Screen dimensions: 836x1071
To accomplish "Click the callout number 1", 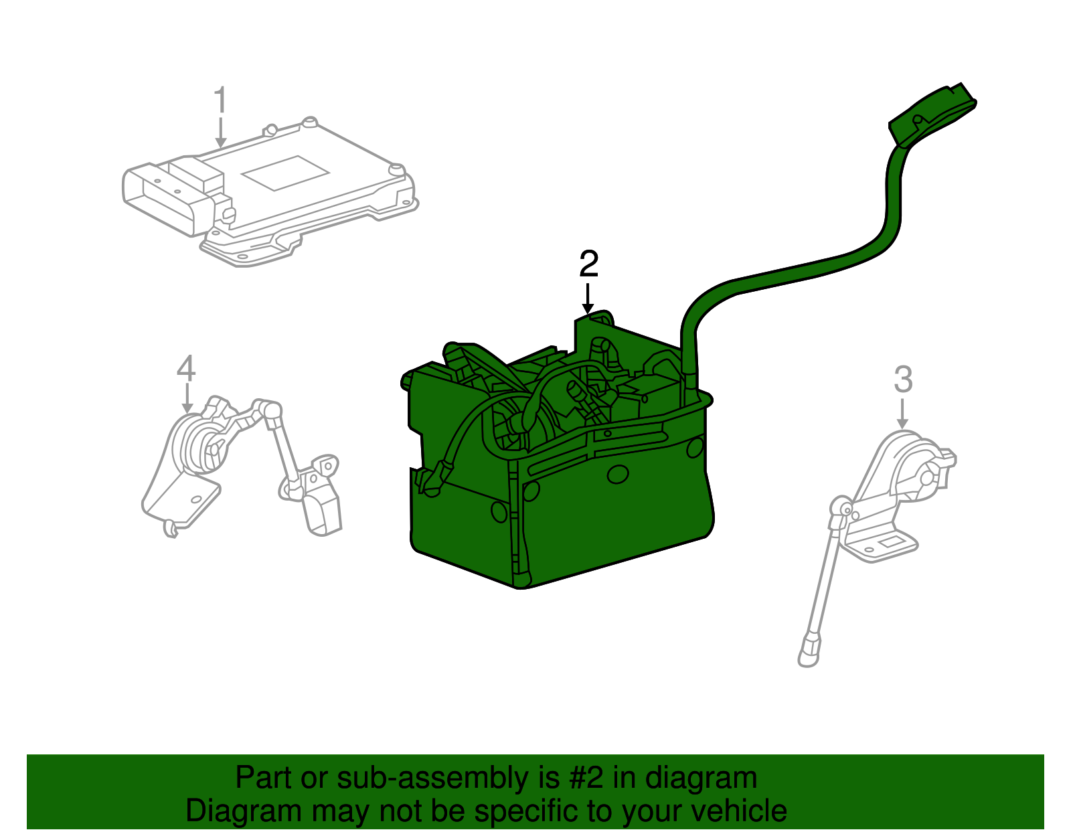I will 220,101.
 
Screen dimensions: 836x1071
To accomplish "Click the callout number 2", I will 588,264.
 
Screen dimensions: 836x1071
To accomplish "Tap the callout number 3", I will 903,380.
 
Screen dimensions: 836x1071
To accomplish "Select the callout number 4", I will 186,368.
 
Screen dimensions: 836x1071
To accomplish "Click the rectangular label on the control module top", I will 285,173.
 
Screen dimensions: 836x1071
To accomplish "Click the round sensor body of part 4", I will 198,444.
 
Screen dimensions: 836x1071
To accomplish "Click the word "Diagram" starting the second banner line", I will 225,811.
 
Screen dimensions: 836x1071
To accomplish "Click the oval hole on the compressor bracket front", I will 618,475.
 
